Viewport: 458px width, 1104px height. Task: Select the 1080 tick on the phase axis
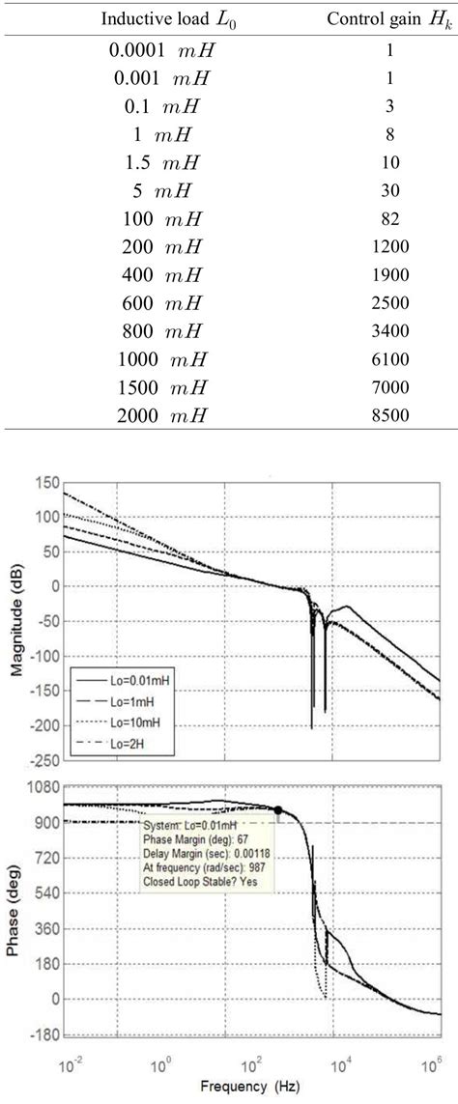click(x=42, y=787)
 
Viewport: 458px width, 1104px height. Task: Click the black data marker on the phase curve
click(x=278, y=810)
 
